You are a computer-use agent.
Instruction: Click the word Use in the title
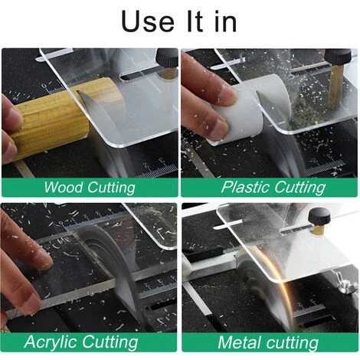coord(148,21)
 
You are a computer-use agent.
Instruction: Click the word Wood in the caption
coord(64,187)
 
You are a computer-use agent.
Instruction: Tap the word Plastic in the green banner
coord(246,187)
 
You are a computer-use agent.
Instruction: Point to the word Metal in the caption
coord(238,342)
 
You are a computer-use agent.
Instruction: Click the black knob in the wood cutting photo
coord(167,58)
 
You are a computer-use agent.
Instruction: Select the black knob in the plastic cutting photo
coord(338,58)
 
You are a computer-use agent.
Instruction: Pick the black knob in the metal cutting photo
coord(319,217)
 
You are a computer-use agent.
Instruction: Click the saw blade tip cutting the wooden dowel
coord(79,92)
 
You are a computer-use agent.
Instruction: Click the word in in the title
coord(225,22)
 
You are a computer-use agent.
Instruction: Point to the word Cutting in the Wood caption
coord(111,188)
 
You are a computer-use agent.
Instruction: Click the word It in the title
coord(195,21)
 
